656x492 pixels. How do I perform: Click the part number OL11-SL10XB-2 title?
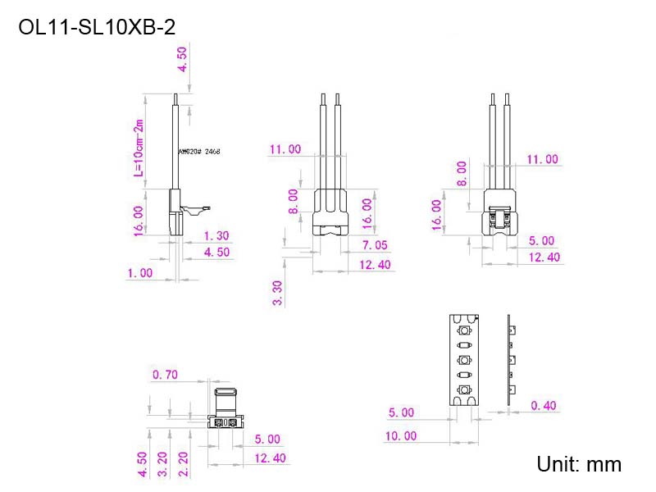click(96, 28)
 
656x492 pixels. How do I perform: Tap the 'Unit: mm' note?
click(579, 464)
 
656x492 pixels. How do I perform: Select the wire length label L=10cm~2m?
click(139, 148)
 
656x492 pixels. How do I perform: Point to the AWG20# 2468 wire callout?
click(199, 152)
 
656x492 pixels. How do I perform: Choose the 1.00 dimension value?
click(139, 273)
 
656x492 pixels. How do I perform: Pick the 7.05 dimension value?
click(375, 245)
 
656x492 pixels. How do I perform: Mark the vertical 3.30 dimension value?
click(278, 293)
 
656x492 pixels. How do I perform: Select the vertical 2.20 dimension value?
click(184, 464)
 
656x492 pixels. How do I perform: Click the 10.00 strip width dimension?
click(400, 436)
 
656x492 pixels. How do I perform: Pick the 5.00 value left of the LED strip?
click(400, 412)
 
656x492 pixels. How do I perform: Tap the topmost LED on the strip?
click(465, 330)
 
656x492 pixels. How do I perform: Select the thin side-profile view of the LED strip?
click(509, 360)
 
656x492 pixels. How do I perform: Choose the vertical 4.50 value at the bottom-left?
click(142, 464)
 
